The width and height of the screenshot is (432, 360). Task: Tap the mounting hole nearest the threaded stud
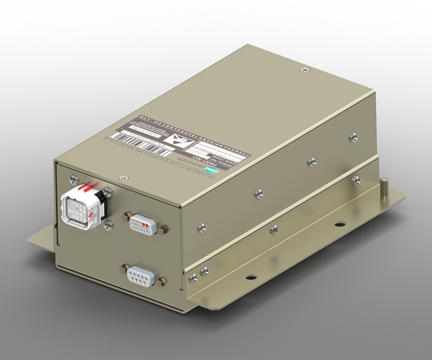pyautogui.click(x=339, y=224)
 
